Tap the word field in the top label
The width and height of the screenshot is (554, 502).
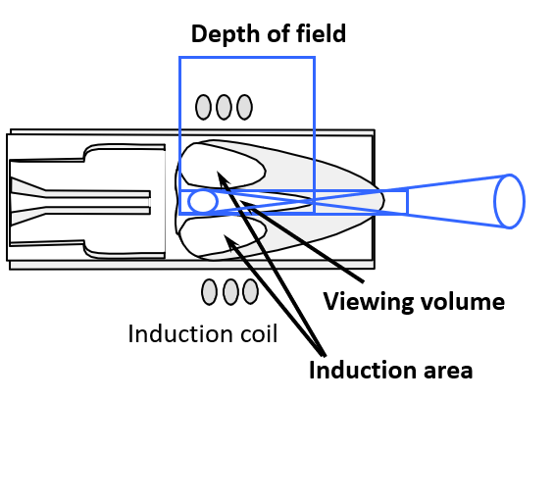coord(322,34)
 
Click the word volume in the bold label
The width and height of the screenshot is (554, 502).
coord(463,301)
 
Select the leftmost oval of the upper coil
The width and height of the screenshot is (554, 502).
coord(203,107)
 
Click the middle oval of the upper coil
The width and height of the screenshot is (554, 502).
coord(224,107)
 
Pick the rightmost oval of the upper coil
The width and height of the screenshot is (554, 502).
coord(244,107)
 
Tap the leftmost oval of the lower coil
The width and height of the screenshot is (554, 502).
coord(209,291)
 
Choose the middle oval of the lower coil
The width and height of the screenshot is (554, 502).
coord(230,291)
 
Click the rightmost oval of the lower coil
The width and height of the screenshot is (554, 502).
coord(251,291)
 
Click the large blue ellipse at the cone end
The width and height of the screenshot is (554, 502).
coord(509,201)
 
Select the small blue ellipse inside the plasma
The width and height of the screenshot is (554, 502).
coord(202,201)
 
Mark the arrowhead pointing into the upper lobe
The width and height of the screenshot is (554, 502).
coord(221,177)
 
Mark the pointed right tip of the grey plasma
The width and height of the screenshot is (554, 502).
coord(383,198)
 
